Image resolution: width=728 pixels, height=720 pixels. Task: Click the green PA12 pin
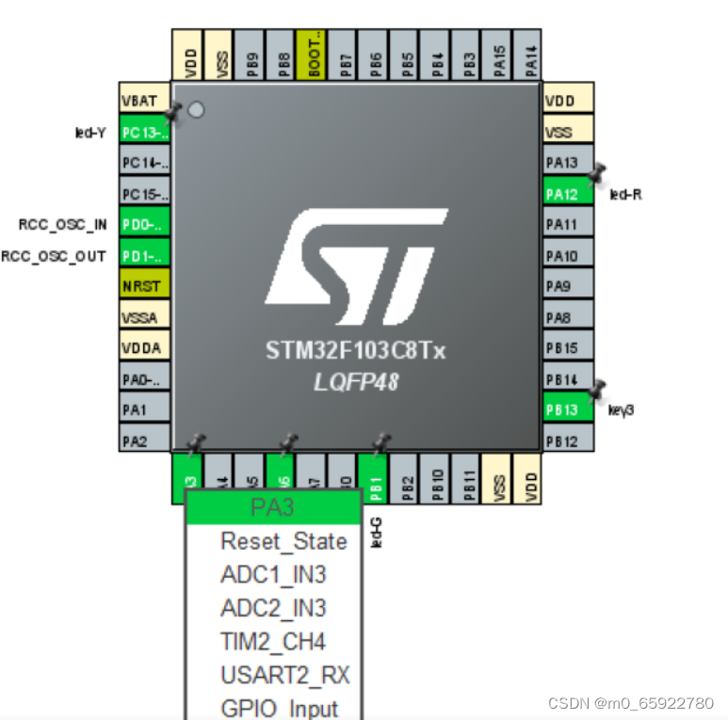(569, 194)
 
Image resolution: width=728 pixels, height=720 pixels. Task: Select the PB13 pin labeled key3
(569, 410)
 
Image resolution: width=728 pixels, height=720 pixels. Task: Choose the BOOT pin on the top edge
(311, 54)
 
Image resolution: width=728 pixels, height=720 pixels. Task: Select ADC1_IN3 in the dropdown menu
(273, 574)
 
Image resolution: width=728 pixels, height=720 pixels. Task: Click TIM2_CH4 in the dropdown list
(273, 642)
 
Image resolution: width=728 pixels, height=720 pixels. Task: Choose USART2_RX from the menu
(284, 675)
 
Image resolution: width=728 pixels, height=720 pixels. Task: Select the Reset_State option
(283, 541)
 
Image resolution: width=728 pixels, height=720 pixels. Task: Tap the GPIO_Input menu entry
(279, 708)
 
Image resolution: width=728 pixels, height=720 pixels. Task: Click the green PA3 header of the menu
(273, 507)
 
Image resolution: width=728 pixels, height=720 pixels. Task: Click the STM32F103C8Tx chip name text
(356, 352)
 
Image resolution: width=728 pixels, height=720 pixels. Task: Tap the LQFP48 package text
(356, 382)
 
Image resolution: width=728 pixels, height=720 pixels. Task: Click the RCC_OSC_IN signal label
(62, 224)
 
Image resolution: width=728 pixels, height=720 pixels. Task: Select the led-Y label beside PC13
(90, 133)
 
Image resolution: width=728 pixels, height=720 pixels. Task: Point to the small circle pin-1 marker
(196, 110)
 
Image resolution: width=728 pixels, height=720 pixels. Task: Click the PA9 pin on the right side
(569, 285)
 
